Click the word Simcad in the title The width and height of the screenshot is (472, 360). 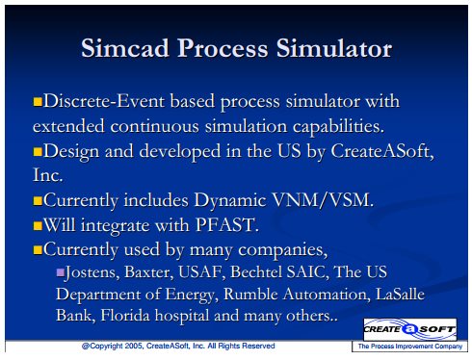pyautogui.click(x=125, y=48)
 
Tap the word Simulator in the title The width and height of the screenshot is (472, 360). pyautogui.click(x=334, y=48)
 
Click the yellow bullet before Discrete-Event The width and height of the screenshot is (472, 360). pyautogui.click(x=38, y=102)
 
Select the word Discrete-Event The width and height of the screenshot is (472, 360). pyautogui.click(x=104, y=101)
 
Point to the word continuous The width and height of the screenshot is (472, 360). pyautogui.click(x=154, y=126)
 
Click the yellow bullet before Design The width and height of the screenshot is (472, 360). pyautogui.click(x=38, y=151)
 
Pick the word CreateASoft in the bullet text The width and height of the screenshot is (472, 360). pyautogui.click(x=381, y=151)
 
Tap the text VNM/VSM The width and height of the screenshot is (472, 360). pyautogui.click(x=323, y=200)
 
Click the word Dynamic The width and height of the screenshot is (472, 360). pyautogui.click(x=230, y=201)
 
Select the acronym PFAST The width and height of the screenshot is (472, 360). pyautogui.click(x=226, y=224)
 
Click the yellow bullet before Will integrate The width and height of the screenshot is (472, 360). pyautogui.click(x=38, y=225)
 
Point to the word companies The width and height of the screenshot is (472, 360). pyautogui.click(x=282, y=250)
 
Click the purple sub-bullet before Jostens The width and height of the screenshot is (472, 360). pyautogui.click(x=60, y=272)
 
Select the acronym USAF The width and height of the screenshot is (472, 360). pyautogui.click(x=202, y=272)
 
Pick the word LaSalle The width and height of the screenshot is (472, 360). pyautogui.click(x=400, y=294)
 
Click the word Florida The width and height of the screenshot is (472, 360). pyautogui.click(x=125, y=315)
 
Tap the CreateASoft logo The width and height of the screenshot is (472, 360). pyautogui.click(x=409, y=329)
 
